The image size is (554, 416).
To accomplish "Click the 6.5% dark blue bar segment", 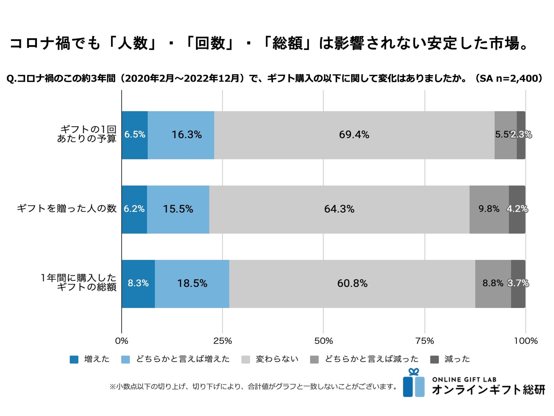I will click(134, 135).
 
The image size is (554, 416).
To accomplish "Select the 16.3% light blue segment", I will click(181, 135).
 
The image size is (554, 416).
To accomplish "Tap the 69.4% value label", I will click(354, 135).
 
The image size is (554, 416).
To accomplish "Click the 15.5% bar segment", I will click(178, 209).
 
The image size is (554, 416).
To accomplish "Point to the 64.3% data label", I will click(339, 209).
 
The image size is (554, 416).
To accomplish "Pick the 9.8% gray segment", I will click(489, 209).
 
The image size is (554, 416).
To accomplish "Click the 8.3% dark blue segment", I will click(138, 283).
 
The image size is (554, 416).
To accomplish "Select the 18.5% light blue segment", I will click(192, 283).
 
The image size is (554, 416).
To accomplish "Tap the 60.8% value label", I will click(352, 283).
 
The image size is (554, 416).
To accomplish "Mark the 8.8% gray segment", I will click(493, 283).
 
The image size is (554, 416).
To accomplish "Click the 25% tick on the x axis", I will click(223, 341).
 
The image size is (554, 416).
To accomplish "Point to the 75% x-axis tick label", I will click(425, 341).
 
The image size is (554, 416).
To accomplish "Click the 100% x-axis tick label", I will click(526, 341).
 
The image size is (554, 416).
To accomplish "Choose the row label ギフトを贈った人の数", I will click(67, 209).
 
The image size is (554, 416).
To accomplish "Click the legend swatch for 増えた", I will click(74, 360).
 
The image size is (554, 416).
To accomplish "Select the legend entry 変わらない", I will click(277, 359).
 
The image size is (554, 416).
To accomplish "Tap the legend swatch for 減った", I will click(434, 360).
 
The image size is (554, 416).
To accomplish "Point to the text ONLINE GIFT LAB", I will click(464, 380).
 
